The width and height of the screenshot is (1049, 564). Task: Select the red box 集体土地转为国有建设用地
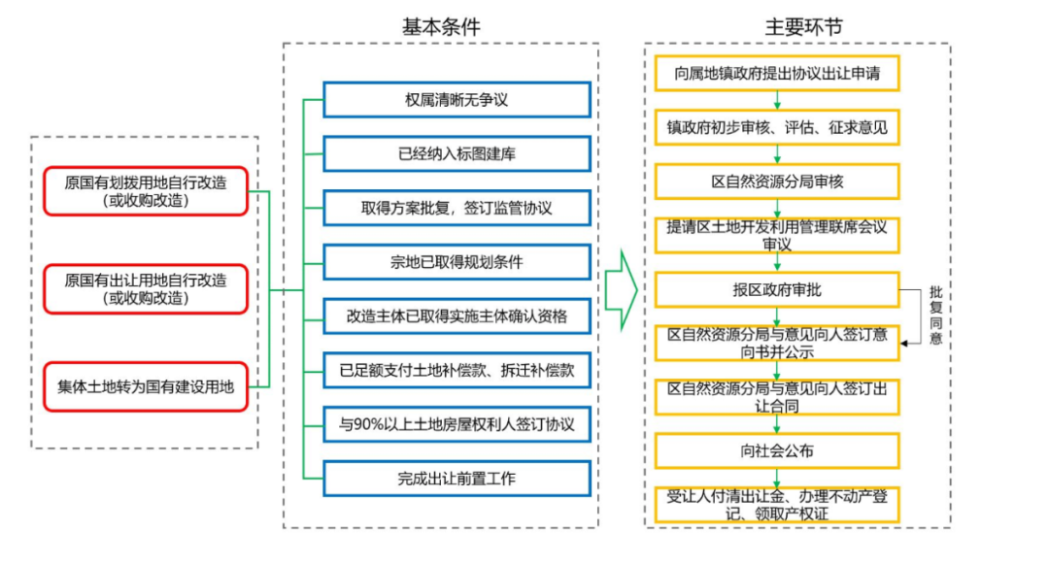tap(146, 386)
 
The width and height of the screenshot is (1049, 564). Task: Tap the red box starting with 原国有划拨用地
tap(146, 191)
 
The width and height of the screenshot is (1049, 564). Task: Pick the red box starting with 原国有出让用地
tap(146, 289)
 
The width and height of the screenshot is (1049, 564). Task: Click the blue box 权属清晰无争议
tap(457, 100)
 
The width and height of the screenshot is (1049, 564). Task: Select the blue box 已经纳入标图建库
tap(457, 154)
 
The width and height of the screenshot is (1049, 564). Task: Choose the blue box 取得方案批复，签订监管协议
tap(457, 209)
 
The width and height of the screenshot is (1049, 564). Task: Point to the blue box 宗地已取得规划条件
tap(457, 262)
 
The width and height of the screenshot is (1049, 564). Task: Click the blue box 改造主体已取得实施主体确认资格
tap(457, 316)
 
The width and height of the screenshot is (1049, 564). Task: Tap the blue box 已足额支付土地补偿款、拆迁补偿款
tap(457, 371)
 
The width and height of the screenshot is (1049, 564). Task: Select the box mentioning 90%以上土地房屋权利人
tap(457, 425)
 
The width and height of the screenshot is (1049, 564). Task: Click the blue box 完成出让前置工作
tap(457, 479)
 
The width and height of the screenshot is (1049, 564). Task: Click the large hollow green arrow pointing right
tap(620, 289)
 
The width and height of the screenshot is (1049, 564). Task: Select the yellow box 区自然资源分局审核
tap(777, 182)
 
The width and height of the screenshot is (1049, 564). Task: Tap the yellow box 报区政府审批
tap(777, 289)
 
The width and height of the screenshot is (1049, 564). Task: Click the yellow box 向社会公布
tap(777, 450)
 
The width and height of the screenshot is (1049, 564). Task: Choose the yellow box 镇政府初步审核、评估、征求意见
tap(777, 127)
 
